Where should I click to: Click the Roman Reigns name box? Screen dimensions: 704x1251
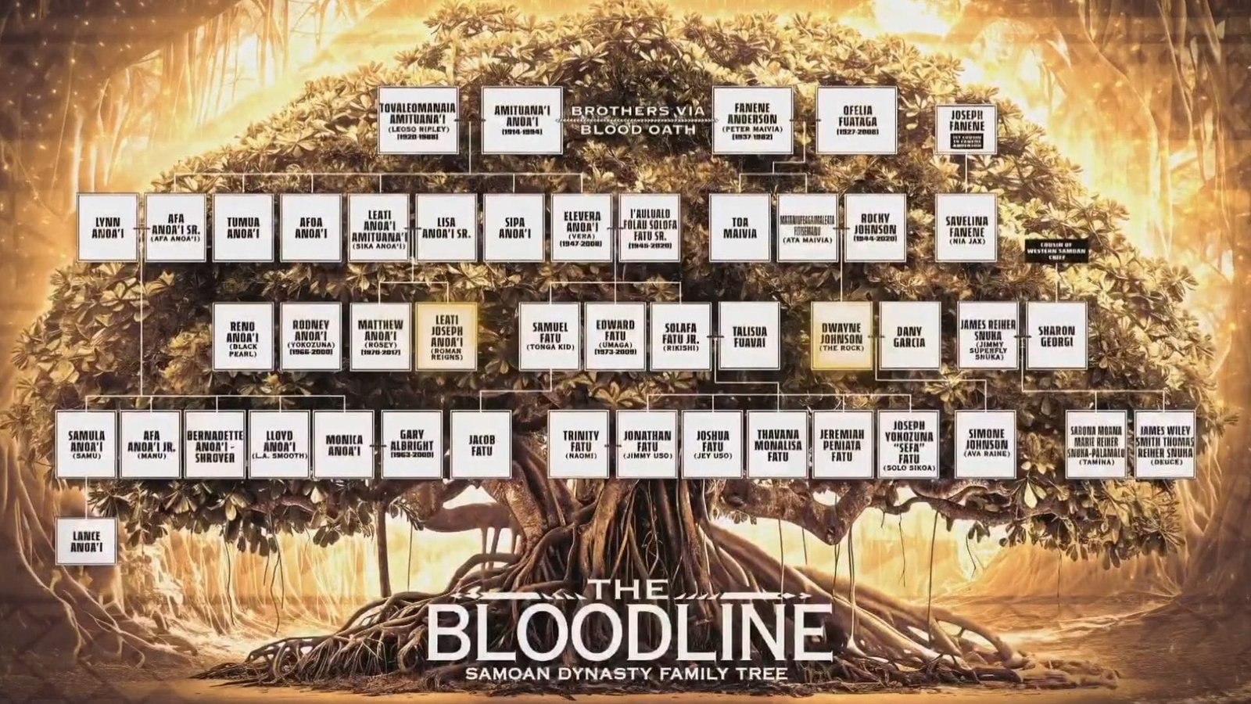446,336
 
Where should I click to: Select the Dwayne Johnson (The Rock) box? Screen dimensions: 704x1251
841,336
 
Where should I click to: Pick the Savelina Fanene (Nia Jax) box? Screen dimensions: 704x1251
966,228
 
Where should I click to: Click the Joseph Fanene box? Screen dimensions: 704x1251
966,129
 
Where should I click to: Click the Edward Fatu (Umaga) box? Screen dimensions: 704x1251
615,336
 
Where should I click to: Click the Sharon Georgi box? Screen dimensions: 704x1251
1056,336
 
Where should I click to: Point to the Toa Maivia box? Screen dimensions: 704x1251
740,228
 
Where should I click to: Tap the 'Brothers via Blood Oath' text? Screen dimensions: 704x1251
636,120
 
